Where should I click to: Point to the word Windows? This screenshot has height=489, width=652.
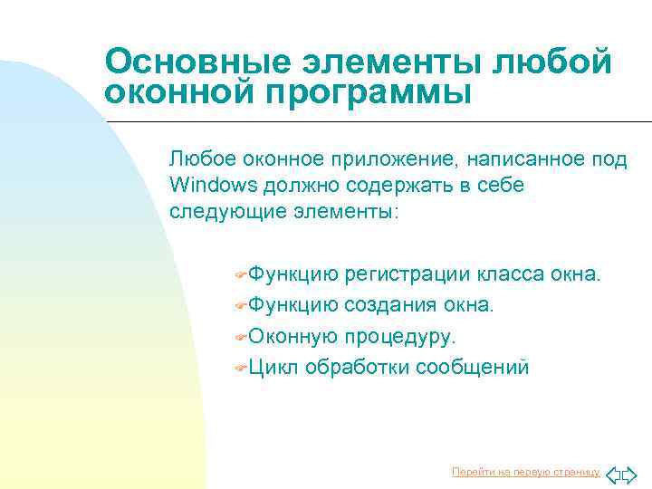[213, 185]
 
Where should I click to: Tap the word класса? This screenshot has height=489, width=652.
[513, 274]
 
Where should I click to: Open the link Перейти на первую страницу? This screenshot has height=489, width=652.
[525, 472]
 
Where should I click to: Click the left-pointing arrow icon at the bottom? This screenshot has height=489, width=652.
[613, 474]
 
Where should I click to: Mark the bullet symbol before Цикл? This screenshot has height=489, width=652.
[240, 368]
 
